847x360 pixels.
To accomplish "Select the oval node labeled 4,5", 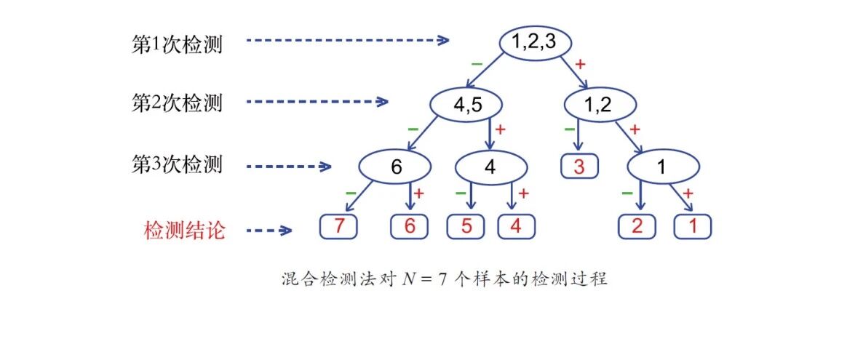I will tap(467, 105).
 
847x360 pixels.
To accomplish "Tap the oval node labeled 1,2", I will tap(597, 105).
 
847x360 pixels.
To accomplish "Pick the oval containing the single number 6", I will tap(396, 167).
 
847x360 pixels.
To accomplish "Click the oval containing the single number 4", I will tap(489, 167).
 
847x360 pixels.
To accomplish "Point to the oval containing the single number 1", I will tap(661, 167).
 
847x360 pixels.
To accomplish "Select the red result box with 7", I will tap(339, 227).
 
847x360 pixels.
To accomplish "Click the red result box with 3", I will tap(579, 167).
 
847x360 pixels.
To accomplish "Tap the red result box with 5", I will tap(465, 227).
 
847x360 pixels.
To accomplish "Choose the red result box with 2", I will tap(637, 227).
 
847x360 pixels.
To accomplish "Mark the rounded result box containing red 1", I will tap(693, 227).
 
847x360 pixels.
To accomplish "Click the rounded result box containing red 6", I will tap(409, 227).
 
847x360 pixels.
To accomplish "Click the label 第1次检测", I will tap(177, 44).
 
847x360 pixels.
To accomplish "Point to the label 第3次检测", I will tap(177, 164).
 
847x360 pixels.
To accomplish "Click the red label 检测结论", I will tap(184, 231).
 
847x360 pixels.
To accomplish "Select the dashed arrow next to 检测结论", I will tap(269, 231).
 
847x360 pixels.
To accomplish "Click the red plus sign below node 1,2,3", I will tap(580, 64).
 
